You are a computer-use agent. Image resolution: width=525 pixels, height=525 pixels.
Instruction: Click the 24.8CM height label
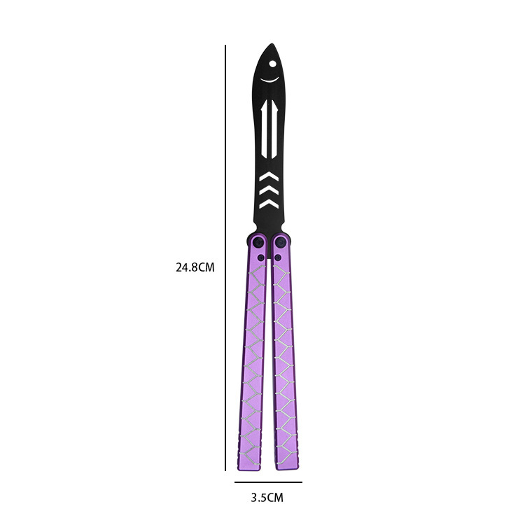194,267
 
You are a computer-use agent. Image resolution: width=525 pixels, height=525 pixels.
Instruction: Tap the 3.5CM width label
267,498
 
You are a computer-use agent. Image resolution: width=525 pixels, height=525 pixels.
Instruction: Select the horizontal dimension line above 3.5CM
268,482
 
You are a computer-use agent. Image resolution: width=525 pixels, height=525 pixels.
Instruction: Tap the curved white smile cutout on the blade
270,80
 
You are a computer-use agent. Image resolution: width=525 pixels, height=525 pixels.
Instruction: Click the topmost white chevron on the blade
268,176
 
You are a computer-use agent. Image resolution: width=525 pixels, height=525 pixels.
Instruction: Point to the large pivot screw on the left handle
258,243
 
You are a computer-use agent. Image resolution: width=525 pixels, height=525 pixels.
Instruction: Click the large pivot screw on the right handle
281,243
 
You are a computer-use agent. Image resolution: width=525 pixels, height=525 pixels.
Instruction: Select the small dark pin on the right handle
278,258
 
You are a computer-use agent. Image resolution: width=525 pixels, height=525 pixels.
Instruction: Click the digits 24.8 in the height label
186,267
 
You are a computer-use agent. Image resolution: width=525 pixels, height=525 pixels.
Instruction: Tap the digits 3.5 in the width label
258,498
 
